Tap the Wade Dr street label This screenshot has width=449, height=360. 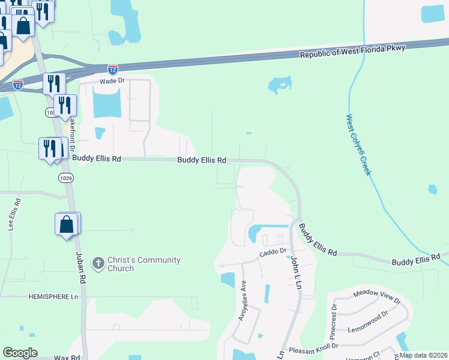112,80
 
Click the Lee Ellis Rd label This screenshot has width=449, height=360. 11,215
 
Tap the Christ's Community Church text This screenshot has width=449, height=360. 143,264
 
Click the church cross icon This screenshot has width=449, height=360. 98,263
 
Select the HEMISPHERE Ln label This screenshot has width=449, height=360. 54,297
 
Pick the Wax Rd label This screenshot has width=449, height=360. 67,357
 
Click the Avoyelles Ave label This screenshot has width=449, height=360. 243,301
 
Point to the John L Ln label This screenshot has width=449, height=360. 295,273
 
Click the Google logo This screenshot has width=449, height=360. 20,353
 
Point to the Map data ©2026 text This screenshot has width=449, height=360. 423,355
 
